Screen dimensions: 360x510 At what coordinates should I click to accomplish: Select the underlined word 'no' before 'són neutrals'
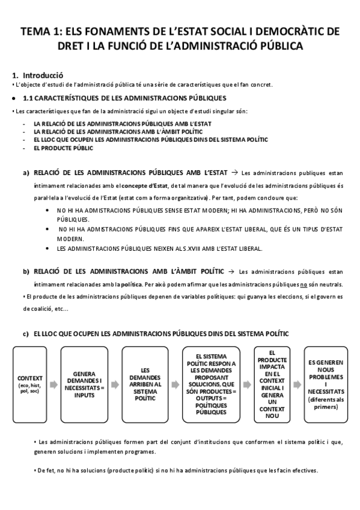point(304,284)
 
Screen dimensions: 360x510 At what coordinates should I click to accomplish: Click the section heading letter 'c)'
point(26,333)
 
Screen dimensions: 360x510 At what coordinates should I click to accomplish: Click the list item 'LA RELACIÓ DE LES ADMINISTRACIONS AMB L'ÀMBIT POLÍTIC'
point(118,131)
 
